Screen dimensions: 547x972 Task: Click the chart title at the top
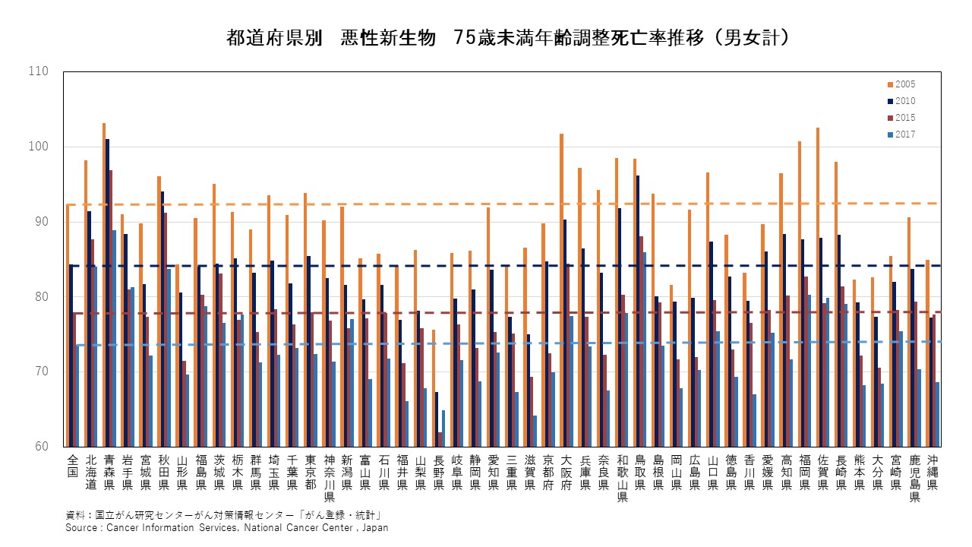pos(508,37)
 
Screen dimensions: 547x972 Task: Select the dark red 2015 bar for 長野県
pos(440,439)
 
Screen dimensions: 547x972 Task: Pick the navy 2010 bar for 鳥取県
pos(638,311)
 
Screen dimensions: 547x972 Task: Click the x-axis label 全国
pos(73,466)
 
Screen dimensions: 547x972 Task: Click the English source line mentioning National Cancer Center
pos(226,527)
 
